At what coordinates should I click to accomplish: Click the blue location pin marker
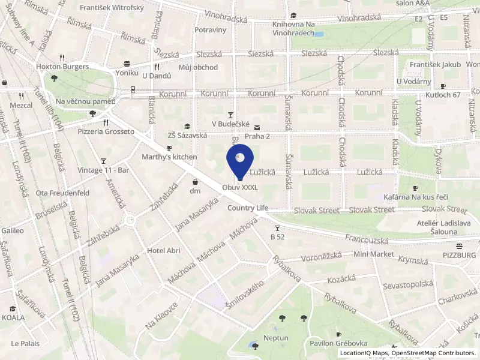pyautogui.click(x=239, y=161)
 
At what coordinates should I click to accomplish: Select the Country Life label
pyautogui.click(x=247, y=208)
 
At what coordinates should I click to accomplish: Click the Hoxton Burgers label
pyautogui.click(x=62, y=67)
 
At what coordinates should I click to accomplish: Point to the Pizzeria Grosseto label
pyautogui.click(x=106, y=131)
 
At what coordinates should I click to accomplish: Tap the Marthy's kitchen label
pyautogui.click(x=169, y=157)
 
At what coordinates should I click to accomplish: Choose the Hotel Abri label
pyautogui.click(x=164, y=251)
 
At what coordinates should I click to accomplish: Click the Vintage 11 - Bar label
pyautogui.click(x=104, y=170)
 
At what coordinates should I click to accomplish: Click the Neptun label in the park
pyautogui.click(x=276, y=338)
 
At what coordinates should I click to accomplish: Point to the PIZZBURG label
pyautogui.click(x=459, y=255)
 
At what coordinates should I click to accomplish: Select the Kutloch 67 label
pyautogui.click(x=440, y=95)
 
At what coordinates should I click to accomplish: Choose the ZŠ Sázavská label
pyautogui.click(x=187, y=136)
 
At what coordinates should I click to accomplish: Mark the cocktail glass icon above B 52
pyautogui.click(x=277, y=228)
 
